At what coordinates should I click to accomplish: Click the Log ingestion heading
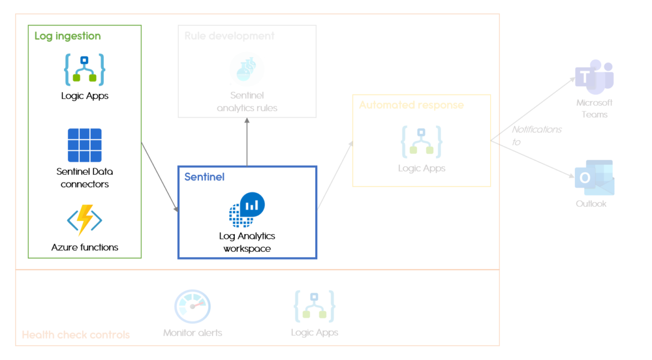(x=67, y=36)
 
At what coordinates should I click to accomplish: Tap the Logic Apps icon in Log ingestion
(x=84, y=70)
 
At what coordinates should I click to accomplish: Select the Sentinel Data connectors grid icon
(x=84, y=145)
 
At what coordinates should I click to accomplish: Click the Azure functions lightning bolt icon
(x=84, y=220)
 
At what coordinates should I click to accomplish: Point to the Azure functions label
(x=85, y=248)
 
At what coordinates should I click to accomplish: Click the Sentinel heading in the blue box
(x=204, y=177)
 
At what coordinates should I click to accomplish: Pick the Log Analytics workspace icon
(x=247, y=210)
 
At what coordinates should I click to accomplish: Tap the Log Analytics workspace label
(x=247, y=242)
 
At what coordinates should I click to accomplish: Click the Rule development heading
(x=229, y=36)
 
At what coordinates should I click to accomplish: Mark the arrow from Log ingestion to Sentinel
(x=160, y=177)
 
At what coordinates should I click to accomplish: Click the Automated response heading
(x=411, y=105)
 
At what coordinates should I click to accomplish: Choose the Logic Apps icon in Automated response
(x=422, y=142)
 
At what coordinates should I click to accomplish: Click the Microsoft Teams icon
(x=594, y=77)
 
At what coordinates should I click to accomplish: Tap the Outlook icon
(x=594, y=178)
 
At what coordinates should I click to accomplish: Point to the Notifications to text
(x=536, y=135)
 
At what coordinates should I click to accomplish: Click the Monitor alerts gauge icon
(x=192, y=307)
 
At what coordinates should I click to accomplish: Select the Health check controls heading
(x=76, y=335)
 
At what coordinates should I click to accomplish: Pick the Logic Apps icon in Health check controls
(x=314, y=307)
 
